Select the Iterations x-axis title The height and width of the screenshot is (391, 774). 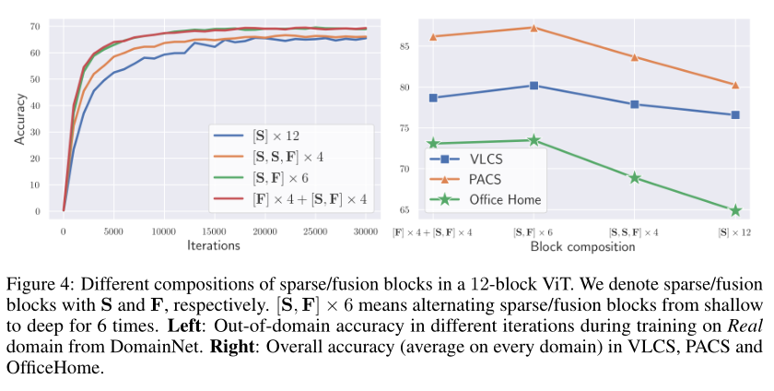coord(214,245)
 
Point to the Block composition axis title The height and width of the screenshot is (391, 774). coord(582,246)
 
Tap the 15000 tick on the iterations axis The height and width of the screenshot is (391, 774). coord(214,231)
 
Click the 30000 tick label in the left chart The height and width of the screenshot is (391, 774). coord(365,231)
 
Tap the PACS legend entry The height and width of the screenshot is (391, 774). coord(484,179)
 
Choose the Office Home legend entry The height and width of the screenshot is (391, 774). coord(504,199)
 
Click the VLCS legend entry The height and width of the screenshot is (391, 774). coord(484,159)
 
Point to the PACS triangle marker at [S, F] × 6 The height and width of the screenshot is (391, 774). coord(534,27)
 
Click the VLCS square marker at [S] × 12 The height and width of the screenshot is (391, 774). coord(735,114)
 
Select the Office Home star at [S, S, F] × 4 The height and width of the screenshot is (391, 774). coord(634,177)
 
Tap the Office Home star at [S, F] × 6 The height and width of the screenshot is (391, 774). coord(534,140)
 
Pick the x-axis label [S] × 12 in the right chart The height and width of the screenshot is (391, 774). coord(735,232)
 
